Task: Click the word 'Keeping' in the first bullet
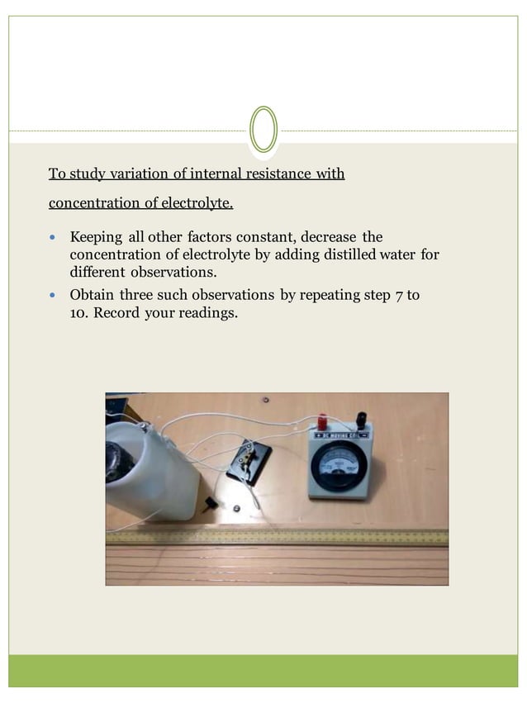point(96,237)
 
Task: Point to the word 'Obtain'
point(93,295)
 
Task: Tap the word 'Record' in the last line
point(116,313)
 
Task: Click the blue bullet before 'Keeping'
point(55,238)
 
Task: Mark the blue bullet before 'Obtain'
point(55,295)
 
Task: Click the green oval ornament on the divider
point(263,130)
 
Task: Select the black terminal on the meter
point(361,420)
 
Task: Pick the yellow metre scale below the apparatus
point(277,537)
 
